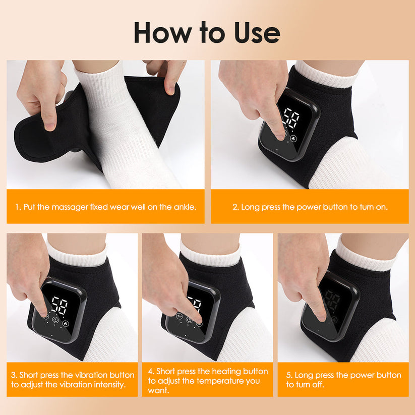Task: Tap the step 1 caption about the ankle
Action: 105,207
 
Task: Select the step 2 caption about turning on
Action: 310,207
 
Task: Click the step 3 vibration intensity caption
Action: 73,380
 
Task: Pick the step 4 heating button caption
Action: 208,380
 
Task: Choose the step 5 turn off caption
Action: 343,380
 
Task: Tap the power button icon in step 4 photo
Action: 190,320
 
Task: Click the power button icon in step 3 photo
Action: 55,320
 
